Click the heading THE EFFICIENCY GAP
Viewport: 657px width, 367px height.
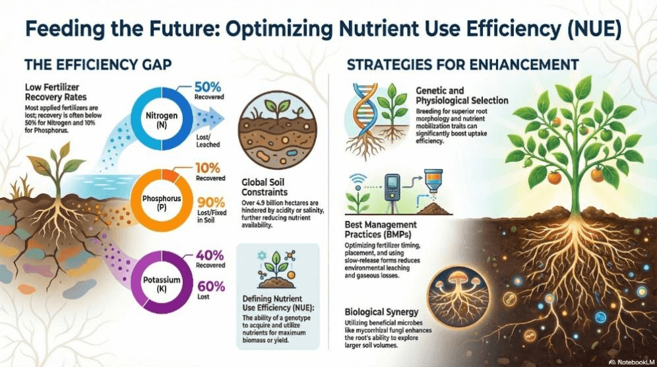pos(98,65)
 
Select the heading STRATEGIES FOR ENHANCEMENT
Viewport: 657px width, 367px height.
pos(462,65)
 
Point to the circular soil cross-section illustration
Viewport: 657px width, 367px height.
pos(269,127)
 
